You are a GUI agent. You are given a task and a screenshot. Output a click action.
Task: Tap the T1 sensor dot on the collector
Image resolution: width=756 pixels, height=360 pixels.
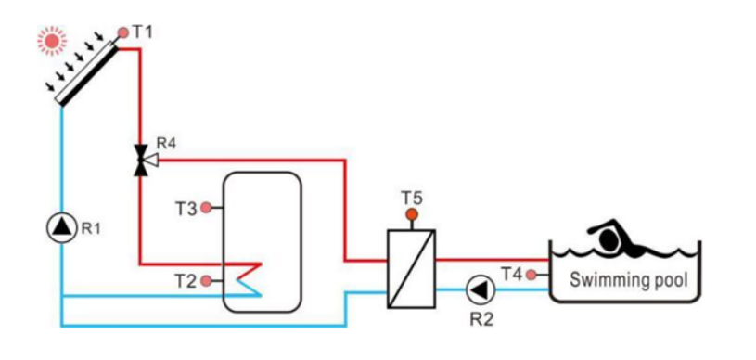click(x=122, y=32)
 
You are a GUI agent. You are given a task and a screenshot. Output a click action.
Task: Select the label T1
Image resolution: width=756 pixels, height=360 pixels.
click(x=142, y=32)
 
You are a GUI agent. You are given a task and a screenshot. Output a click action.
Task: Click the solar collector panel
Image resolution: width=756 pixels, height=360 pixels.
click(x=88, y=70)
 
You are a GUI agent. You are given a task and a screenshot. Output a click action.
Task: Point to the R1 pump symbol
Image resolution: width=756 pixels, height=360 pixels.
click(x=61, y=226)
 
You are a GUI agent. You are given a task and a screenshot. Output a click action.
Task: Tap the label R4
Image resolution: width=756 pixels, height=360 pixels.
click(x=166, y=143)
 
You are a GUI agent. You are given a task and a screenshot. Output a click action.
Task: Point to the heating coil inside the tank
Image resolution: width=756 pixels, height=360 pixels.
click(x=249, y=276)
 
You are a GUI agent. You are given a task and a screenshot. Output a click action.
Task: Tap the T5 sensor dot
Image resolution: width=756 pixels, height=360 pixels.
click(x=411, y=215)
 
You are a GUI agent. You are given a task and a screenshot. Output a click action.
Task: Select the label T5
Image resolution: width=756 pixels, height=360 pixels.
click(x=411, y=197)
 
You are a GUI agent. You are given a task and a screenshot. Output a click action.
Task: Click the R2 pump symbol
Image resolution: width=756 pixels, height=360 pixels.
click(x=479, y=290)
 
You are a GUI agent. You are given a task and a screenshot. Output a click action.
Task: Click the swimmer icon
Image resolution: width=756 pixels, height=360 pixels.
click(x=618, y=238)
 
